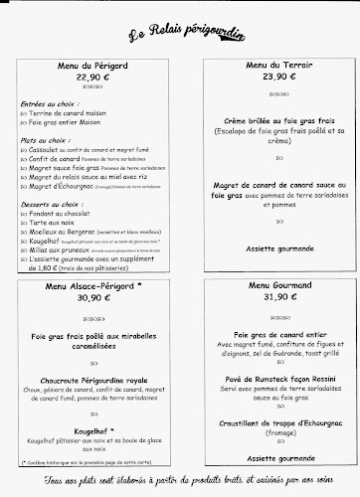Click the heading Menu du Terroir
pos(269,63)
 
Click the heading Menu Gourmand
pos(268,286)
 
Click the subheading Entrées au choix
pos(50,102)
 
